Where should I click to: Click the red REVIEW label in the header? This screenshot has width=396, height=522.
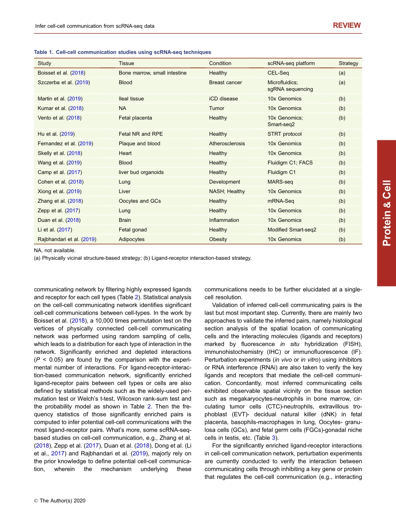pyautogui.click(x=347, y=25)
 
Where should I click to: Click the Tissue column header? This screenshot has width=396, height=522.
pyautogui.click(x=126, y=63)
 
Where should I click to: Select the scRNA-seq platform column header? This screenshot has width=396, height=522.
pyautogui.click(x=291, y=63)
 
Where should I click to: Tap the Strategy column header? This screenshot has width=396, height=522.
pyautogui.click(x=348, y=63)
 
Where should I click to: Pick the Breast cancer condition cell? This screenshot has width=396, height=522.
pyautogui.click(x=225, y=82)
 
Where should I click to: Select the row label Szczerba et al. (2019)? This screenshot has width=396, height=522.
pyautogui.click(x=63, y=82)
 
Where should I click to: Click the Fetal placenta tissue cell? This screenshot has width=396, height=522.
pyautogui.click(x=135, y=118)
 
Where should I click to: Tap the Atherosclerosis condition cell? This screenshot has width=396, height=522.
pyautogui.click(x=227, y=144)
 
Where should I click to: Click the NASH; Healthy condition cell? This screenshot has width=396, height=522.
pyautogui.click(x=227, y=191)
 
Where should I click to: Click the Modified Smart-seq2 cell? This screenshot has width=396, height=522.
pyautogui.click(x=292, y=230)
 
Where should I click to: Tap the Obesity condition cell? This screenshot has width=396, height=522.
pyautogui.click(x=218, y=239)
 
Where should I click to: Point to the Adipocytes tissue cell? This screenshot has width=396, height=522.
pyautogui.click(x=131, y=239)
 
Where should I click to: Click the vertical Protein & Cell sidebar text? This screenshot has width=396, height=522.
pyautogui.click(x=386, y=213)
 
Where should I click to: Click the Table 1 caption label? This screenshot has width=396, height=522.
pyautogui.click(x=44, y=52)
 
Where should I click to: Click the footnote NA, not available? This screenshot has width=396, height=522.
pyautogui.click(x=55, y=251)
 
